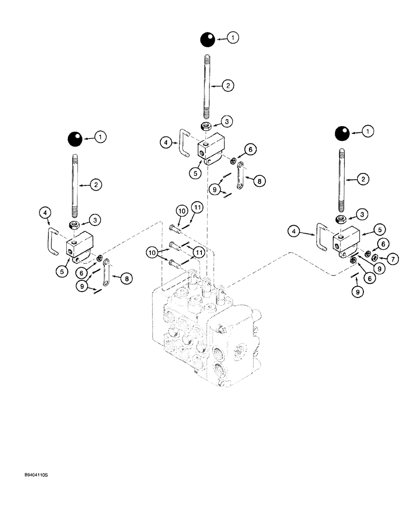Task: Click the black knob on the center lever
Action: pos(206,39)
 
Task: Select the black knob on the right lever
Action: pos(341,133)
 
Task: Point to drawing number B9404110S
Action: pos(39,476)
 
